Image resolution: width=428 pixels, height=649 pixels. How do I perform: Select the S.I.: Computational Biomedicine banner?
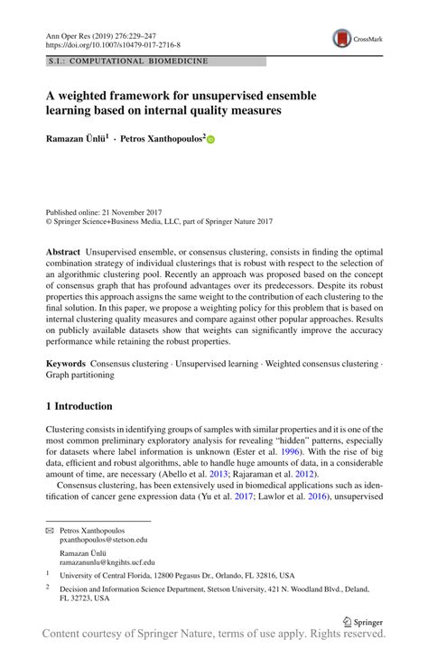[127, 61]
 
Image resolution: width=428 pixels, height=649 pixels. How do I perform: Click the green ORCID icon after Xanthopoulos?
[212, 141]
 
